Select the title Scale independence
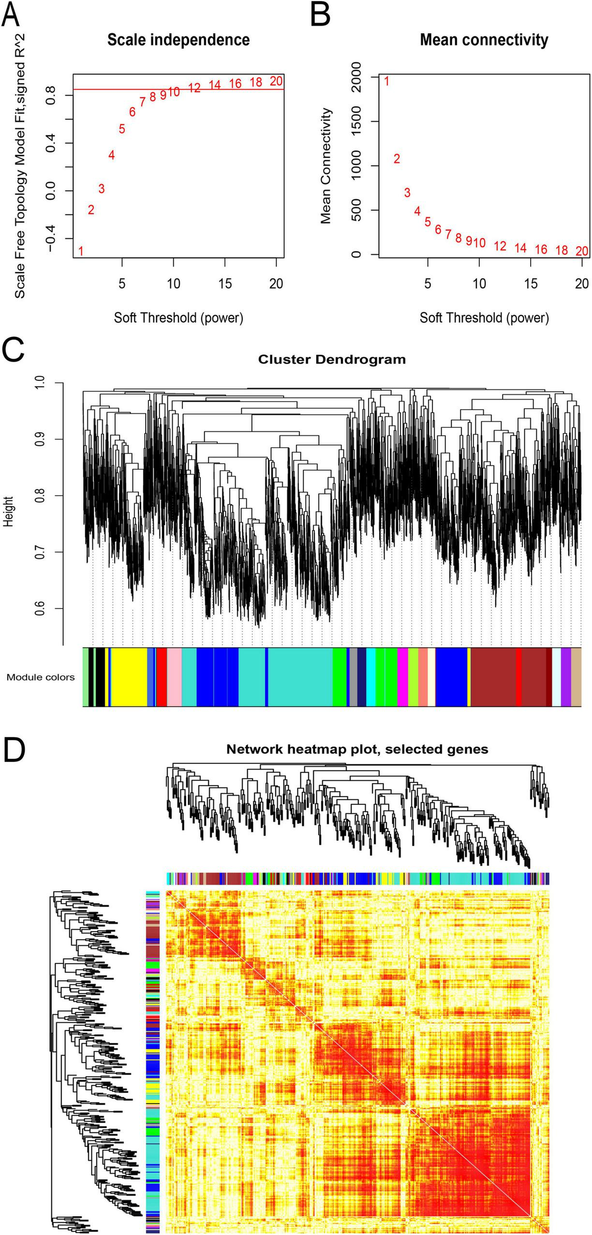[x=178, y=40]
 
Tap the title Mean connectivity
[x=484, y=40]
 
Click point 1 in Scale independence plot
[x=81, y=251]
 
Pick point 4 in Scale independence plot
[x=112, y=155]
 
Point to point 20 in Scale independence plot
[x=276, y=81]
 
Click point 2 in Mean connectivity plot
[x=396, y=159]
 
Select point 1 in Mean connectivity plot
[x=386, y=81]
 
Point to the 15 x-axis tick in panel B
[x=531, y=284]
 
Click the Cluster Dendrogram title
[x=332, y=359]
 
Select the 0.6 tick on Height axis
[x=40, y=609]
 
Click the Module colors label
[x=41, y=677]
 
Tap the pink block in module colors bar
[x=174, y=677]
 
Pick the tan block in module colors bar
[x=576, y=677]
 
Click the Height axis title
[x=9, y=512]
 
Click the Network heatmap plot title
[x=357, y=749]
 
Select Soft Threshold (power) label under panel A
[x=178, y=317]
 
